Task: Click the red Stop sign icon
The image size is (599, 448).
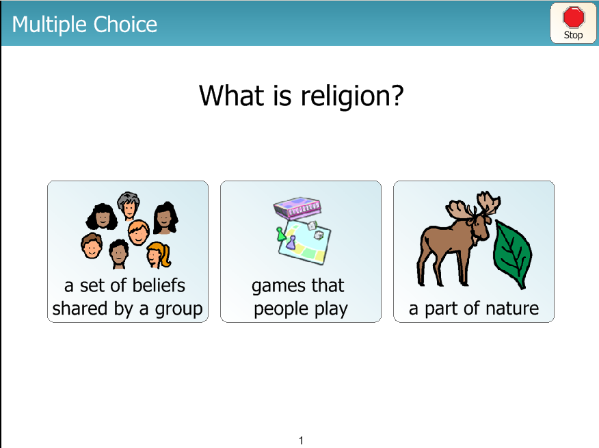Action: [x=574, y=17]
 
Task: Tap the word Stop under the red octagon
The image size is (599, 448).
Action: [x=573, y=35]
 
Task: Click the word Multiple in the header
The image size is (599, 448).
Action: [x=50, y=25]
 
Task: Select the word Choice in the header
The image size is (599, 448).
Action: [x=125, y=25]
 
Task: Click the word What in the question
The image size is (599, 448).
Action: [x=232, y=95]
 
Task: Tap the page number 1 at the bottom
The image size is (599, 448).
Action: [x=301, y=440]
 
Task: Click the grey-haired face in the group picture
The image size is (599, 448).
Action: [x=129, y=206]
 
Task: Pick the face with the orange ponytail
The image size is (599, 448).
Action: [x=158, y=254]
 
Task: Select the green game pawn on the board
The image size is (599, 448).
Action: [x=281, y=234]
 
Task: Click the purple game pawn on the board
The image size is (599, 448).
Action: [x=291, y=243]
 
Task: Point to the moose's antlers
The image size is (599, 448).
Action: [x=474, y=207]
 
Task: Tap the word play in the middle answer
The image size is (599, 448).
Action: [x=331, y=309]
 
